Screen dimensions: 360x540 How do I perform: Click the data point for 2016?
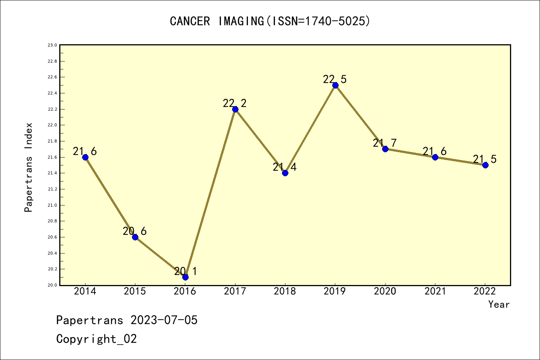point(185,277)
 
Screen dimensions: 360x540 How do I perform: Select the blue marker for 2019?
point(335,85)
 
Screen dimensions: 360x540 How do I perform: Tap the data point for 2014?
point(85,157)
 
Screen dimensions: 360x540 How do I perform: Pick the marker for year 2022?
point(485,165)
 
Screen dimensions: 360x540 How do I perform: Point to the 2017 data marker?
point(235,109)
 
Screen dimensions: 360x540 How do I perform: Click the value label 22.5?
point(335,79)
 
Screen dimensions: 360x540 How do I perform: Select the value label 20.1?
point(185,271)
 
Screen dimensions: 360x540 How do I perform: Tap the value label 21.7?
point(385,143)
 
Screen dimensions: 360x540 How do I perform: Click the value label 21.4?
point(285,167)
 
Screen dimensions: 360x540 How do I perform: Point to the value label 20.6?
point(135,231)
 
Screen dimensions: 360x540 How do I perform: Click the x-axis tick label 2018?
point(285,291)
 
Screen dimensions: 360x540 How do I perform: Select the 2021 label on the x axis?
point(435,291)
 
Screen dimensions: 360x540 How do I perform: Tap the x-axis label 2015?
point(135,291)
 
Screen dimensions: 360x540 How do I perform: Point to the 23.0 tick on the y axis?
point(52,45)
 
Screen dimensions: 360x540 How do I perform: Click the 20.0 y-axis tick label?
point(52,285)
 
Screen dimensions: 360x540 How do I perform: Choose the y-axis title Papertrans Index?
point(28,167)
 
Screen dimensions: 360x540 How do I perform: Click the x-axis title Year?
point(499,304)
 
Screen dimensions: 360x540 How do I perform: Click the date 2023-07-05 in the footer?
point(164,320)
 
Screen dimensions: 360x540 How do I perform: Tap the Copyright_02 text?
point(96,339)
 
